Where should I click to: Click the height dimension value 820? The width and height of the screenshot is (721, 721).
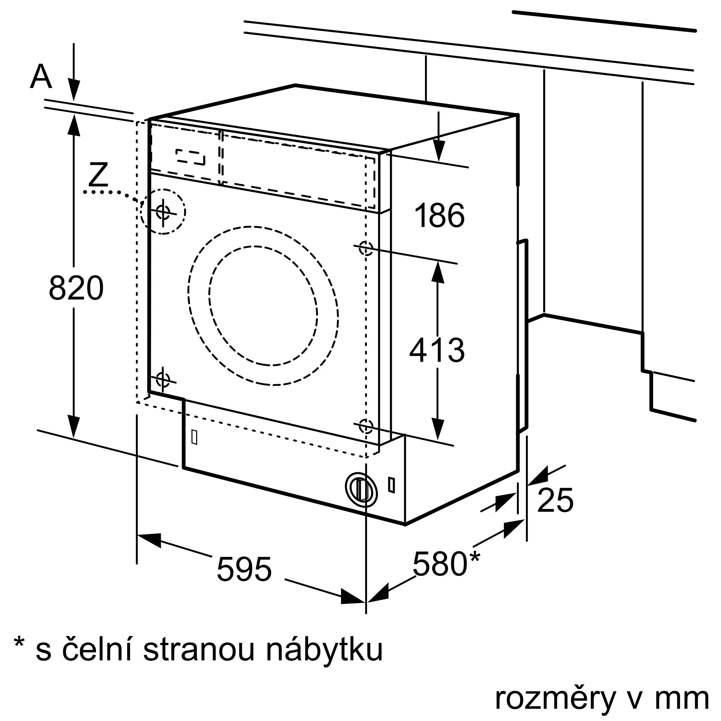pyautogui.click(x=76, y=287)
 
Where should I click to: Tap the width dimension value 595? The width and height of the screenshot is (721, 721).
pyautogui.click(x=244, y=570)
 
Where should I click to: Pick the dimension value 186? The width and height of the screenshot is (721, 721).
pyautogui.click(x=439, y=215)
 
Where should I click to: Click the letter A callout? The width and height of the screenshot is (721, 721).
pyautogui.click(x=41, y=76)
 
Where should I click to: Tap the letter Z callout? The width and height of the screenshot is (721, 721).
pyautogui.click(x=98, y=174)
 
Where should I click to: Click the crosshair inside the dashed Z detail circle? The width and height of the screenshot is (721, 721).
pyautogui.click(x=163, y=212)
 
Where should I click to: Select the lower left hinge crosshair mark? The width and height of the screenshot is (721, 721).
pyautogui.click(x=163, y=380)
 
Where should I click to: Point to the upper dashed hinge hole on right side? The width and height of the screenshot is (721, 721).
pyautogui.click(x=366, y=247)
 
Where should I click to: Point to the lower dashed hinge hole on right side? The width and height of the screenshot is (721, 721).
pyautogui.click(x=366, y=426)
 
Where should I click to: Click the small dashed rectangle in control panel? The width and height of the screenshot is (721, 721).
pyautogui.click(x=190, y=157)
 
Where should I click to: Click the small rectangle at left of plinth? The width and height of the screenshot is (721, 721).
pyautogui.click(x=194, y=437)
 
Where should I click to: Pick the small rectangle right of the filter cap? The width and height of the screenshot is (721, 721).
pyautogui.click(x=392, y=485)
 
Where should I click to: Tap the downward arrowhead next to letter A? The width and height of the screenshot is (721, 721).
pyautogui.click(x=74, y=90)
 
